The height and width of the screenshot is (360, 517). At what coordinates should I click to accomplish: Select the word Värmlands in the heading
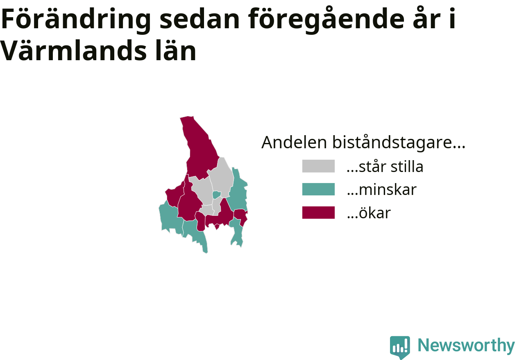(74, 50)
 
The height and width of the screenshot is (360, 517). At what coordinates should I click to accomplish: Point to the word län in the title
(176, 50)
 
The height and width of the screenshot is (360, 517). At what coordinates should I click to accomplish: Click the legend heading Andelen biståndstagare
(363, 142)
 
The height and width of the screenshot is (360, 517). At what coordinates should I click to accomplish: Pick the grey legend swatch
(318, 166)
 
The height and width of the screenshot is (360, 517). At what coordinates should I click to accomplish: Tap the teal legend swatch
(318, 189)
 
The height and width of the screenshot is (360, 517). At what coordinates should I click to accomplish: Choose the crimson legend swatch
(318, 213)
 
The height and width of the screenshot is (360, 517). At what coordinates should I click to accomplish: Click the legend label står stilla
(385, 166)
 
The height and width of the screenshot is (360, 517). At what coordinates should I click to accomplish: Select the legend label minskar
(382, 190)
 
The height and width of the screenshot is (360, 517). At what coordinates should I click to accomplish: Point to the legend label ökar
(369, 213)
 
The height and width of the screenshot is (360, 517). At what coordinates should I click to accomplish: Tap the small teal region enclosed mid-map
(216, 195)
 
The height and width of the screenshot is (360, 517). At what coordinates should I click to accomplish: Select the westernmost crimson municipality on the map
(174, 195)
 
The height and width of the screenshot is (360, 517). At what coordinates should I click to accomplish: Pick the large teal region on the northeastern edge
(239, 192)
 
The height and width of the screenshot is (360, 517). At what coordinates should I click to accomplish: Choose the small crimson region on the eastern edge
(240, 216)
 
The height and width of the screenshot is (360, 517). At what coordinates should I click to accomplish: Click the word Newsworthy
(466, 345)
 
